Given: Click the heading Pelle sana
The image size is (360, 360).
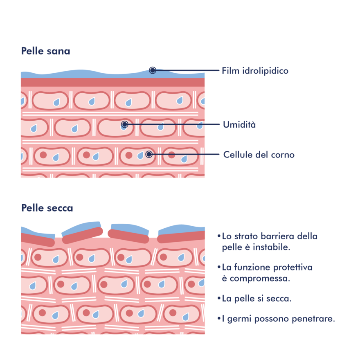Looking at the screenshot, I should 45,52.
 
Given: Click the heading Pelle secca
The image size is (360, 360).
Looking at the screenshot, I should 47,208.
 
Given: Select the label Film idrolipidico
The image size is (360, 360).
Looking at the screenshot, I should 255,71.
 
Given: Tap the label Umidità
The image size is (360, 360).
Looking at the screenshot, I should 239,125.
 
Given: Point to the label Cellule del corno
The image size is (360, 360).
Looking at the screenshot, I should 259,155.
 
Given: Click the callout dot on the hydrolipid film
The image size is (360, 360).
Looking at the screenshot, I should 153,70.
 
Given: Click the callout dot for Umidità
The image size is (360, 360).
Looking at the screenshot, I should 125,124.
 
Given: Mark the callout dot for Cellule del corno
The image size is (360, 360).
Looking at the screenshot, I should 149,154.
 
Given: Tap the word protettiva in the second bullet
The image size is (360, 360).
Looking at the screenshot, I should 292,268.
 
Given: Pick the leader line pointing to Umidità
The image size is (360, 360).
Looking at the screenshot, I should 172,124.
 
